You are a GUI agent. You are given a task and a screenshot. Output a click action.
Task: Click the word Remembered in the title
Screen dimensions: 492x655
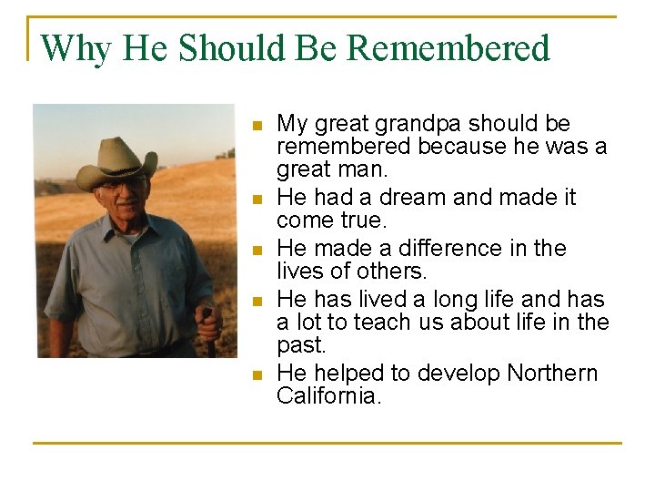[x=448, y=48]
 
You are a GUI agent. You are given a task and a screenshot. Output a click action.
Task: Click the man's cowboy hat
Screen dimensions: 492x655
[x=116, y=161]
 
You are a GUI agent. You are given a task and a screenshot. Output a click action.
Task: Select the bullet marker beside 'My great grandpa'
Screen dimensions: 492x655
[x=257, y=124]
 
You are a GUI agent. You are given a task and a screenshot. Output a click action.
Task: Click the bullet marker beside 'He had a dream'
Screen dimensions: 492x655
[x=257, y=198]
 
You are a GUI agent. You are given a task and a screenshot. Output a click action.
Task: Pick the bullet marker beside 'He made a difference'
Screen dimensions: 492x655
[x=257, y=249]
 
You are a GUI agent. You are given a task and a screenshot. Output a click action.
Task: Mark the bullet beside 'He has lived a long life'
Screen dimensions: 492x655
[x=257, y=300]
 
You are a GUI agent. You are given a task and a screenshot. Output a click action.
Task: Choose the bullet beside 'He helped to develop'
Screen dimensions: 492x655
[x=257, y=374]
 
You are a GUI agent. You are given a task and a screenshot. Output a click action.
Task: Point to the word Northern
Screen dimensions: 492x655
[x=552, y=373]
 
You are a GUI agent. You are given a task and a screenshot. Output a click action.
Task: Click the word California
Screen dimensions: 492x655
[x=327, y=395]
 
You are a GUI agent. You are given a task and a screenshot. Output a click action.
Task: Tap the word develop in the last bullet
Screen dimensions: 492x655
[x=459, y=373]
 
